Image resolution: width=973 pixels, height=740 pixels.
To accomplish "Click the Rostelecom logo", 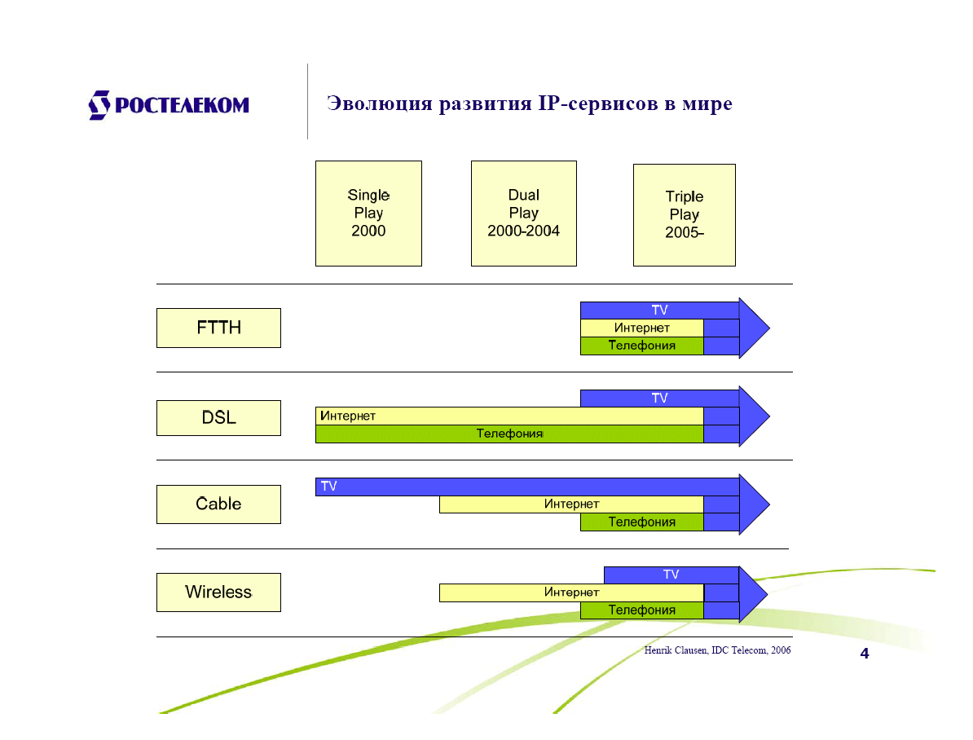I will click(x=169, y=105).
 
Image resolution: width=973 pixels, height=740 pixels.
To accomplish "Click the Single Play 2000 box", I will click(x=368, y=214).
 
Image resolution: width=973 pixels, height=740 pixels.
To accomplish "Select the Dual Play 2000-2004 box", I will click(x=523, y=214).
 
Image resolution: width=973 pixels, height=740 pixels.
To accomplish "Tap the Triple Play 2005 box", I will click(x=684, y=215).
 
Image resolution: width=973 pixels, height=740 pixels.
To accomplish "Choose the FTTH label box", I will click(x=218, y=328).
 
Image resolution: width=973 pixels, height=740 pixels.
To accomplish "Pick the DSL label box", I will click(x=218, y=418).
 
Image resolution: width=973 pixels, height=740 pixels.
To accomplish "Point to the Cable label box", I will click(x=218, y=504).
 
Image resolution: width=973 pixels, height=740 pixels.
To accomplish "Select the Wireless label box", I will click(x=218, y=592).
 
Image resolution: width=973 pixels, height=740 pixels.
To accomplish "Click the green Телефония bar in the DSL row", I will click(x=509, y=434).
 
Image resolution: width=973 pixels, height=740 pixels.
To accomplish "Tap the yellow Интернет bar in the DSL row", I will click(x=509, y=416).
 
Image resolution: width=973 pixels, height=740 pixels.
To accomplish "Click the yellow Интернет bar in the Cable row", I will click(x=571, y=504).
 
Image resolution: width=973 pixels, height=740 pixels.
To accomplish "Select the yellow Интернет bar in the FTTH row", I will click(x=641, y=328).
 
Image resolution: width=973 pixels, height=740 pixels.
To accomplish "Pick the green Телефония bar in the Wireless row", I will click(x=641, y=610).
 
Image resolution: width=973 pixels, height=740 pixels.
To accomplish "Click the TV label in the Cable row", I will click(x=328, y=487).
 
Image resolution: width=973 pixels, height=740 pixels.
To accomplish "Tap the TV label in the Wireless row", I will click(x=671, y=575).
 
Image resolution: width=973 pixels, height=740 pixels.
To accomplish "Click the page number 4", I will click(x=865, y=654).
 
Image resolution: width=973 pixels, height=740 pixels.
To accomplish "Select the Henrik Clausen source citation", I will click(x=717, y=650).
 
